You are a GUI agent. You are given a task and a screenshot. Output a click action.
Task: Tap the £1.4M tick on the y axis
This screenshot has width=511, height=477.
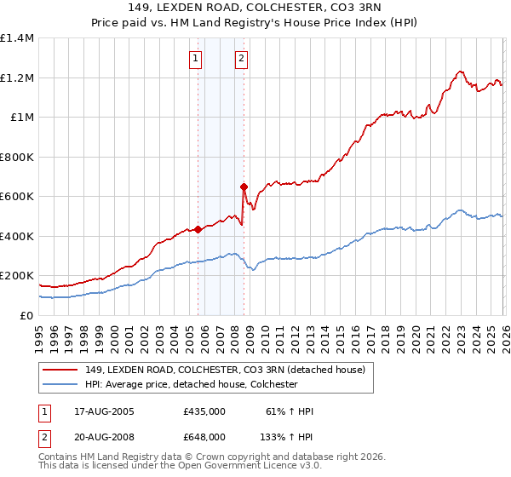pyautogui.click(x=17, y=38)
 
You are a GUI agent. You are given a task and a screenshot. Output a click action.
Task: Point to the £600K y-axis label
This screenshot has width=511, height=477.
pyautogui.click(x=17, y=197)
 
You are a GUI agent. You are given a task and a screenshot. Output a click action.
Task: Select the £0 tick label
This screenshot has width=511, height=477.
pyautogui.click(x=27, y=315)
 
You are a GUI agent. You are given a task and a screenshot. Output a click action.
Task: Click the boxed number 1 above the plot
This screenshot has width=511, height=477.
pyautogui.click(x=197, y=59)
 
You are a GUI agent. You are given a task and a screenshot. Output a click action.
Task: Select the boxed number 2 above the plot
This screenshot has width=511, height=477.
pyautogui.click(x=242, y=59)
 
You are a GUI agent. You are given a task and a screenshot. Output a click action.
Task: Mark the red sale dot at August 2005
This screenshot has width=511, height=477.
pyautogui.click(x=198, y=229)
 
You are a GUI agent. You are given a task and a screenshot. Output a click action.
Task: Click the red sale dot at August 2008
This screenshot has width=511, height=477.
pyautogui.click(x=244, y=187)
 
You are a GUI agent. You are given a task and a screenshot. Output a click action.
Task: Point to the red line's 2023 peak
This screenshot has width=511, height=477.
pyautogui.click(x=460, y=72)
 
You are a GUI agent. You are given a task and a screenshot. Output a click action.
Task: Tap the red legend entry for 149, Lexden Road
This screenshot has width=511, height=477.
pyautogui.click(x=225, y=370)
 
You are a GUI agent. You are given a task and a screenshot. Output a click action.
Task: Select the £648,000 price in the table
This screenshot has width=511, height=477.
pyautogui.click(x=204, y=436)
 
